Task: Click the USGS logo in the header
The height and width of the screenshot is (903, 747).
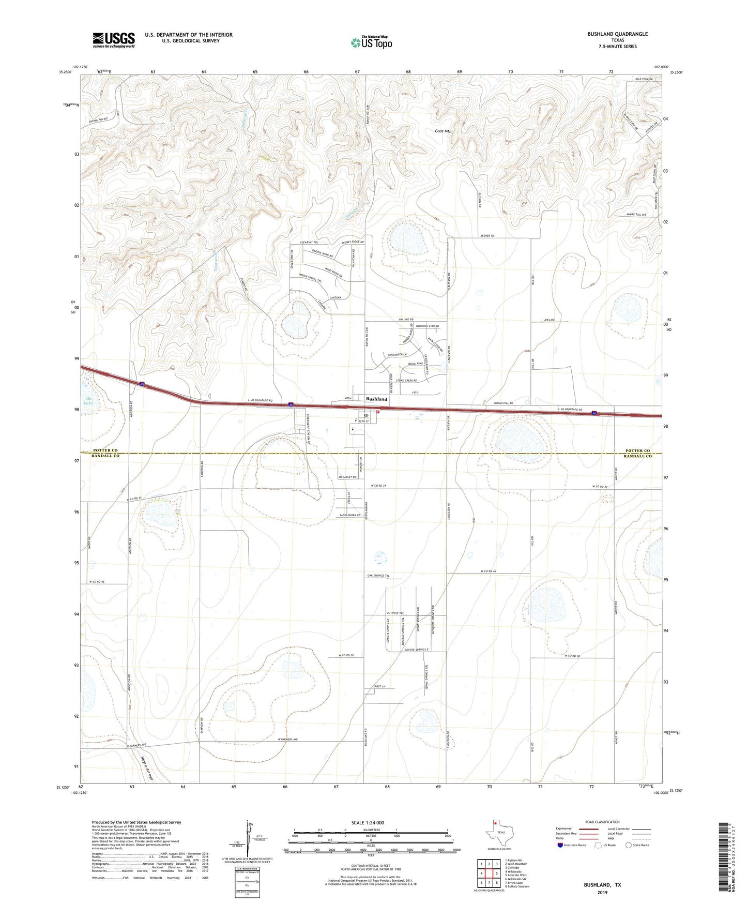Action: click(x=114, y=40)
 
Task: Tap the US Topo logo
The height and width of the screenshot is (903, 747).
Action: click(x=371, y=42)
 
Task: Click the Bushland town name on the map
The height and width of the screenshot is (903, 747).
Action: click(x=376, y=399)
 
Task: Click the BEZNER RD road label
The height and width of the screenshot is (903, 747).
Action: click(x=487, y=236)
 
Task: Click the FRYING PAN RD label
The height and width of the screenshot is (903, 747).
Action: click(x=98, y=119)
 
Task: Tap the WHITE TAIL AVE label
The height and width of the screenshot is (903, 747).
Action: click(x=636, y=215)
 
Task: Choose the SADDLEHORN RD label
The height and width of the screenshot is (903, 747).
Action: click(x=350, y=516)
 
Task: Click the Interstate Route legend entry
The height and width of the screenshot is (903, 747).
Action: click(x=572, y=845)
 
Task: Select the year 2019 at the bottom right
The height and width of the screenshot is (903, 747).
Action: click(x=602, y=892)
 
